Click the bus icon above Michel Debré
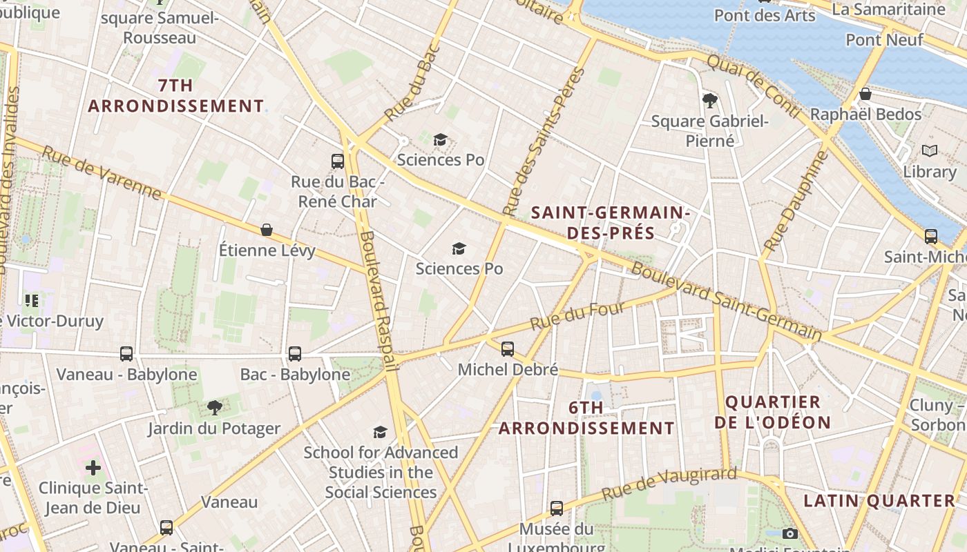(x=508, y=349)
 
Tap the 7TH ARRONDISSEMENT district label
(x=176, y=96)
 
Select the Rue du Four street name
(x=577, y=315)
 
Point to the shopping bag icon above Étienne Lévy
(x=267, y=230)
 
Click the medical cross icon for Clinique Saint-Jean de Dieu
(x=93, y=469)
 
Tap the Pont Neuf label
(x=884, y=40)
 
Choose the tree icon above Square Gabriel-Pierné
(x=709, y=101)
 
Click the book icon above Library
(x=930, y=150)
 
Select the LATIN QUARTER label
(x=880, y=501)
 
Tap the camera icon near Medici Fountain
(x=790, y=533)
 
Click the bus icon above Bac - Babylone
(x=295, y=354)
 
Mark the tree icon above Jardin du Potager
(x=215, y=408)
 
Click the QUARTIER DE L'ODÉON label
(x=773, y=412)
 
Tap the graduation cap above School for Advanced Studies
(x=381, y=433)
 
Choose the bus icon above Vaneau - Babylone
(x=126, y=354)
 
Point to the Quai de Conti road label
(x=754, y=86)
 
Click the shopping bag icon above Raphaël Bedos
(x=865, y=94)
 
